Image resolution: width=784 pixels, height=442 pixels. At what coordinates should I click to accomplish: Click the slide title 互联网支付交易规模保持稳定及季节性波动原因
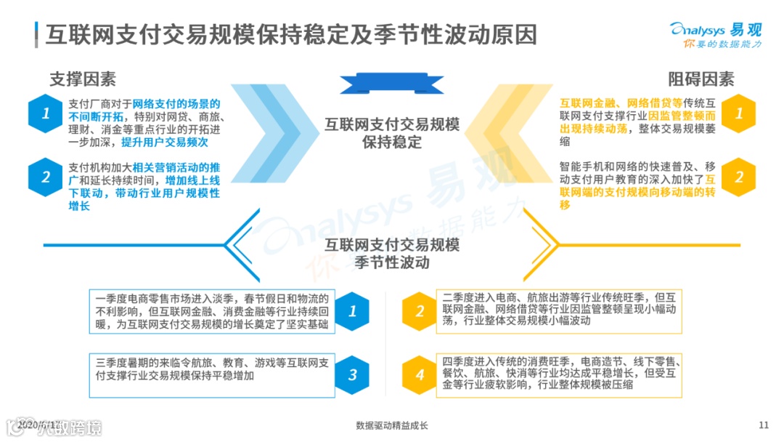(290, 34)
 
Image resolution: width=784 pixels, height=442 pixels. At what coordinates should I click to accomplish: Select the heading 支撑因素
(83, 79)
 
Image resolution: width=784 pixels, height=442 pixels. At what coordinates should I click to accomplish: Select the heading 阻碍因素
(701, 79)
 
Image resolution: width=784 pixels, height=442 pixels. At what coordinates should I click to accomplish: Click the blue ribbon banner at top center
(392, 84)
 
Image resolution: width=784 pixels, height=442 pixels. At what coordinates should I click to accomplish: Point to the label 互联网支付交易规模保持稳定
(392, 132)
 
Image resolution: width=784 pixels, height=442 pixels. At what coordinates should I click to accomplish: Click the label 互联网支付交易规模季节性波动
(392, 253)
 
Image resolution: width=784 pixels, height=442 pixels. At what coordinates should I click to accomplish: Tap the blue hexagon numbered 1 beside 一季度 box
(353, 311)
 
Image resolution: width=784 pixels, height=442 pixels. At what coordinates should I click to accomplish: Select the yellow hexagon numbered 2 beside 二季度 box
(420, 311)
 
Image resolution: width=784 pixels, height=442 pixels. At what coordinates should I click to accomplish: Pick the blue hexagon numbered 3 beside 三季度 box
(353, 374)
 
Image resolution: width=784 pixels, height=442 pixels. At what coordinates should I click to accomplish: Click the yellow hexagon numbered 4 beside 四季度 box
(420, 374)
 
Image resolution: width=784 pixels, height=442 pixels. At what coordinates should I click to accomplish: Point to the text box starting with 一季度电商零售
(212, 312)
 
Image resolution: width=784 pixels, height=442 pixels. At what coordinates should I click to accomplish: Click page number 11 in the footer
(763, 425)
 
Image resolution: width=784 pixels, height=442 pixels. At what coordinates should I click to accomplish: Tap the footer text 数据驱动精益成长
(392, 425)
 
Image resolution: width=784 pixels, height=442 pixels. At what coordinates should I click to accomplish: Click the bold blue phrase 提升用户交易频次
(165, 142)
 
